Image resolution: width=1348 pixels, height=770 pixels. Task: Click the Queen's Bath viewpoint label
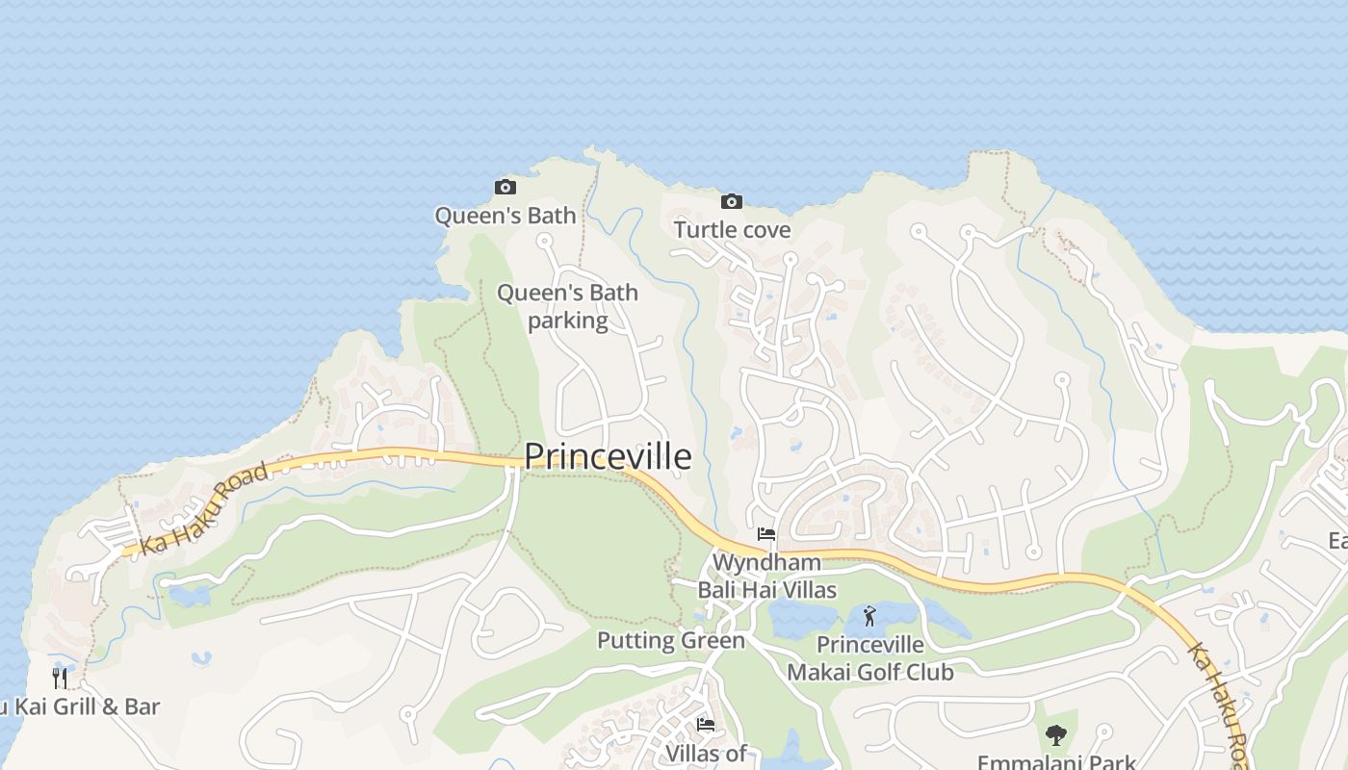click(505, 216)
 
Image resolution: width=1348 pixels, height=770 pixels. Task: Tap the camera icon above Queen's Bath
click(505, 187)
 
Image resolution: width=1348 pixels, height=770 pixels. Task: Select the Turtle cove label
click(732, 230)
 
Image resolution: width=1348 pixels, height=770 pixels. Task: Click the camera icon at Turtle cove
click(732, 201)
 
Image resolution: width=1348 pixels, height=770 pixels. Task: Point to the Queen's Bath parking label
click(567, 306)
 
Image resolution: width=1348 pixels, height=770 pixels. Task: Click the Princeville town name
click(608, 456)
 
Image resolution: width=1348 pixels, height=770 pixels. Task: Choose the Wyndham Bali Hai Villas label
click(766, 576)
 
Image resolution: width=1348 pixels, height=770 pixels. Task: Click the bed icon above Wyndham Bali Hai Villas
click(766, 533)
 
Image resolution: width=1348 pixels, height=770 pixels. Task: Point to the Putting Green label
click(671, 640)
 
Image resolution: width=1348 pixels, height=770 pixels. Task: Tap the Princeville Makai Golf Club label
click(870, 658)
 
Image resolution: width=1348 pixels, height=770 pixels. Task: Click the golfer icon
click(870, 615)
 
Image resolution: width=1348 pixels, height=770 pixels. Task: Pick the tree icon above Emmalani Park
click(1056, 735)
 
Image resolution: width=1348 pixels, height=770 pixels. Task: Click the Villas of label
click(706, 754)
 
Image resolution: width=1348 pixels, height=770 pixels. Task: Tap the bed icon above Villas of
click(706, 725)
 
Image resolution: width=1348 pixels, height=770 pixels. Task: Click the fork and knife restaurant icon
click(60, 679)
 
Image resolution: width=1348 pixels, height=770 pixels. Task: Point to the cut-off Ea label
click(1337, 540)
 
